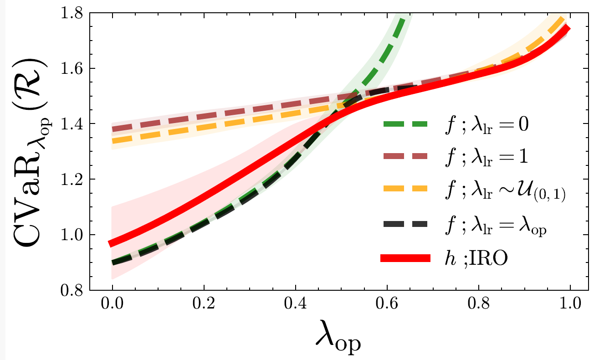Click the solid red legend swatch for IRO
click(405, 258)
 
